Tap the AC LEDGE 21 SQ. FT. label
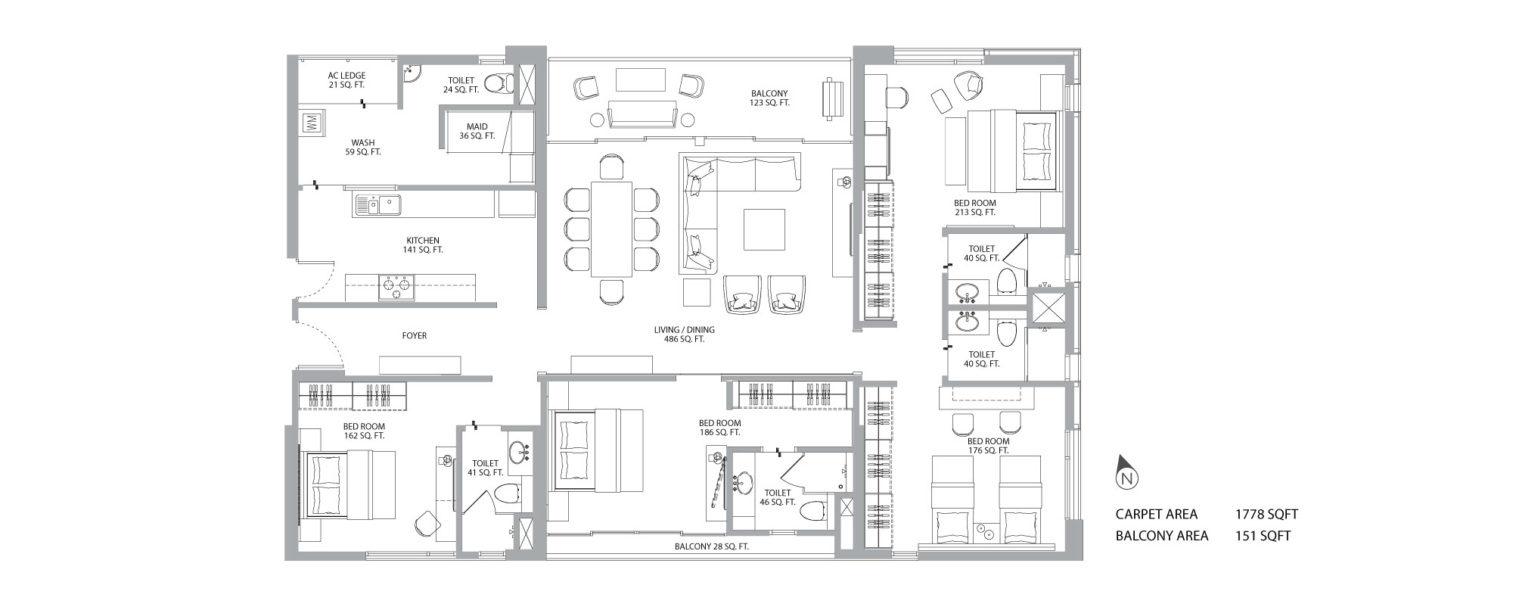(347, 80)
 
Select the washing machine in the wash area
(312, 123)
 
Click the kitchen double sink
(379, 205)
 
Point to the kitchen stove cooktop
(397, 287)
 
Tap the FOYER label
(415, 335)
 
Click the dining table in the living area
(612, 229)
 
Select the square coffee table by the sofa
(765, 229)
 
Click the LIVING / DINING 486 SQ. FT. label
(685, 335)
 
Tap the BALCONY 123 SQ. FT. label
(770, 98)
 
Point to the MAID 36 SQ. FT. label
(477, 131)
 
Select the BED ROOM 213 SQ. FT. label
(974, 207)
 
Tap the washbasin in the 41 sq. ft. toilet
(519, 453)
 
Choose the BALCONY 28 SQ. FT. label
(712, 546)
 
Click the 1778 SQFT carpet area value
(1266, 515)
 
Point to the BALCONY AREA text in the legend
(1162, 536)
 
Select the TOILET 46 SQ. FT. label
(778, 497)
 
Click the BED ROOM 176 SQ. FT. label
(988, 446)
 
